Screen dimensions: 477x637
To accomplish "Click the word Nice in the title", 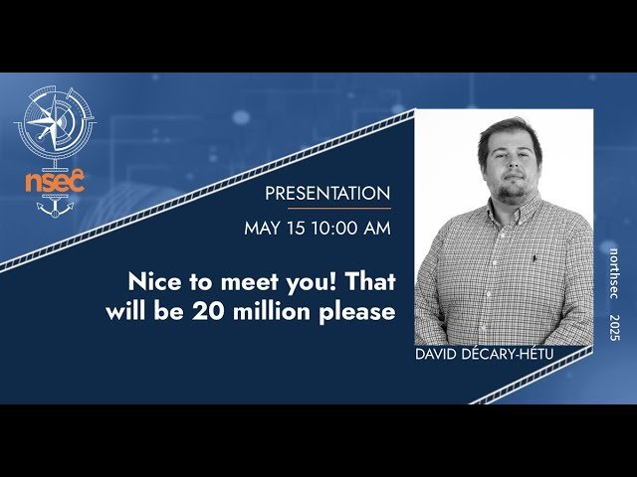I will [153, 280].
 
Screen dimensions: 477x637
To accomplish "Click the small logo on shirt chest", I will [534, 259].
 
